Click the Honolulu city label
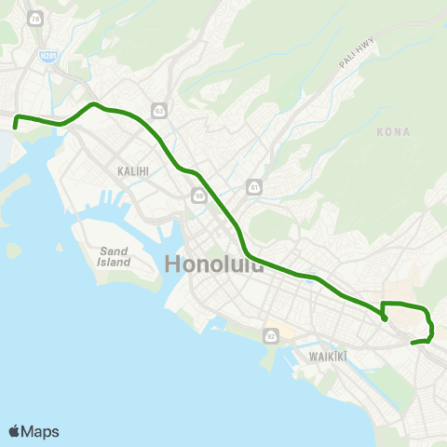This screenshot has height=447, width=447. (x=213, y=264)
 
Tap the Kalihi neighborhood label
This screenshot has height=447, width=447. (x=134, y=171)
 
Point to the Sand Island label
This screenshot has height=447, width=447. (x=115, y=256)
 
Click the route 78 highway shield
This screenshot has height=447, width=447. (x=35, y=19)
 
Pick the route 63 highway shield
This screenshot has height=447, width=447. (x=160, y=111)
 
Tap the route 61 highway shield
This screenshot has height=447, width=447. (x=253, y=188)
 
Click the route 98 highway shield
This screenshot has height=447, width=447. (x=199, y=196)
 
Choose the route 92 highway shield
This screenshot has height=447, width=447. (x=272, y=335)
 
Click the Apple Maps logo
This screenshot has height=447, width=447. (x=34, y=431)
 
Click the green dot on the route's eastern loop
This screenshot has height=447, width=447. (x=385, y=319)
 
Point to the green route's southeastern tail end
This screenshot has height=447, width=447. (x=413, y=343)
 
